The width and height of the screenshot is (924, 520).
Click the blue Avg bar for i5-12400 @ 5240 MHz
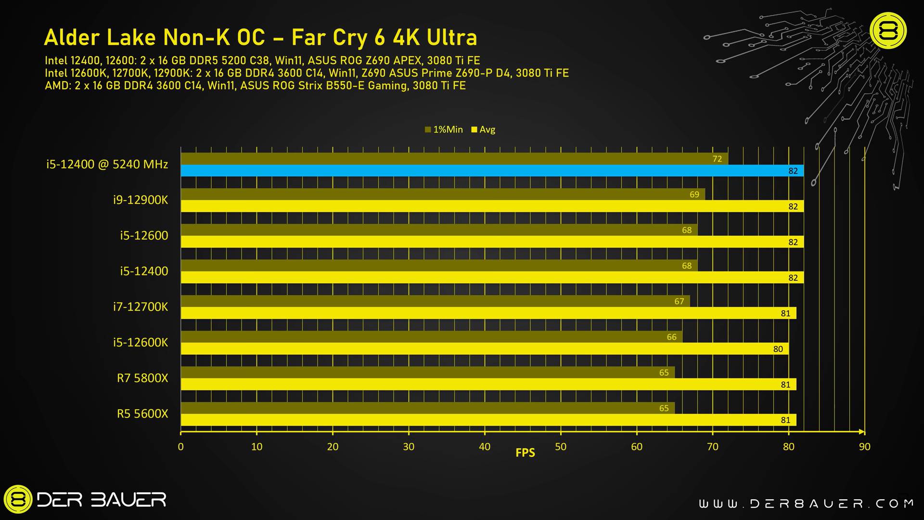pos(491,170)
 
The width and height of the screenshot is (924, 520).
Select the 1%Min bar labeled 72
pos(454,159)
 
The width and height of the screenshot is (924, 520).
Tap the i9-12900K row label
pos(141,200)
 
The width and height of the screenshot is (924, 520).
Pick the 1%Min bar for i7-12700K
pos(435,301)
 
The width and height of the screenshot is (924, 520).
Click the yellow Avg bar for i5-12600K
pos(484,349)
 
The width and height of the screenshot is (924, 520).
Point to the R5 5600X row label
pos(142,414)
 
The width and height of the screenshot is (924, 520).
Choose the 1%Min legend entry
pos(444,130)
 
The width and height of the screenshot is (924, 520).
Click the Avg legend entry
pos(483,130)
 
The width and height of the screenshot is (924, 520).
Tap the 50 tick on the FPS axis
pos(561,447)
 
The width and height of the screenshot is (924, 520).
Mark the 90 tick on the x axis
pos(864,447)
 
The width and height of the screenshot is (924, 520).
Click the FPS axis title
pos(525,453)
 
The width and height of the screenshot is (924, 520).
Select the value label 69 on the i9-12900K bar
pos(694,195)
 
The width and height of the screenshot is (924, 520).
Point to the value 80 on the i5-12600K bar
pos(778,349)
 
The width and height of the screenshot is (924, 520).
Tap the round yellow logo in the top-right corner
pos(888,31)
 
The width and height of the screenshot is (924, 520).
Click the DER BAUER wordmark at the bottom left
pos(101,499)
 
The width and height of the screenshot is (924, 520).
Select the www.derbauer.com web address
pos(806,504)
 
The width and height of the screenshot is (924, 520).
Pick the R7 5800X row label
pos(142,378)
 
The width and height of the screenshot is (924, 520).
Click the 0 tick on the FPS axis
pos(181,447)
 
